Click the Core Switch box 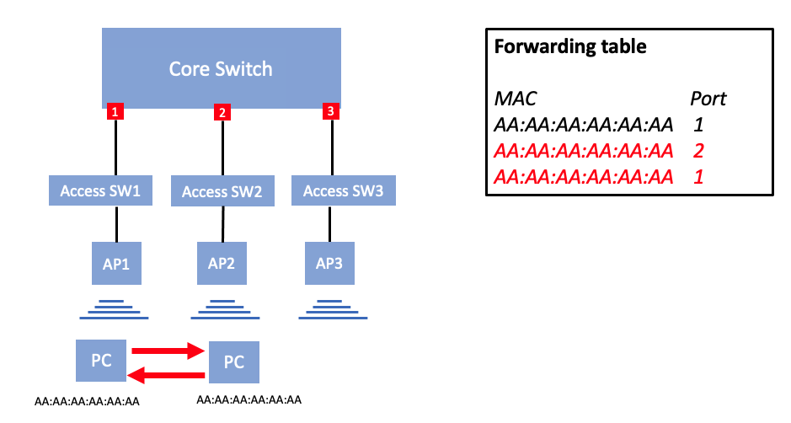(221, 67)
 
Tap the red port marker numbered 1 (116, 110)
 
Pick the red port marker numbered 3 (330, 110)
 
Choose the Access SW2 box (222, 192)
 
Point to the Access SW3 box (343, 191)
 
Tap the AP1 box (116, 263)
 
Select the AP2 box (222, 263)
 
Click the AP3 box (329, 263)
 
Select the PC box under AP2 (233, 362)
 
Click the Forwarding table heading (570, 47)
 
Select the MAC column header (515, 99)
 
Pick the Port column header (708, 99)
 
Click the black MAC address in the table (583, 126)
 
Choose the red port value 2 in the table (697, 152)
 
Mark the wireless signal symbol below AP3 (329, 309)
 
